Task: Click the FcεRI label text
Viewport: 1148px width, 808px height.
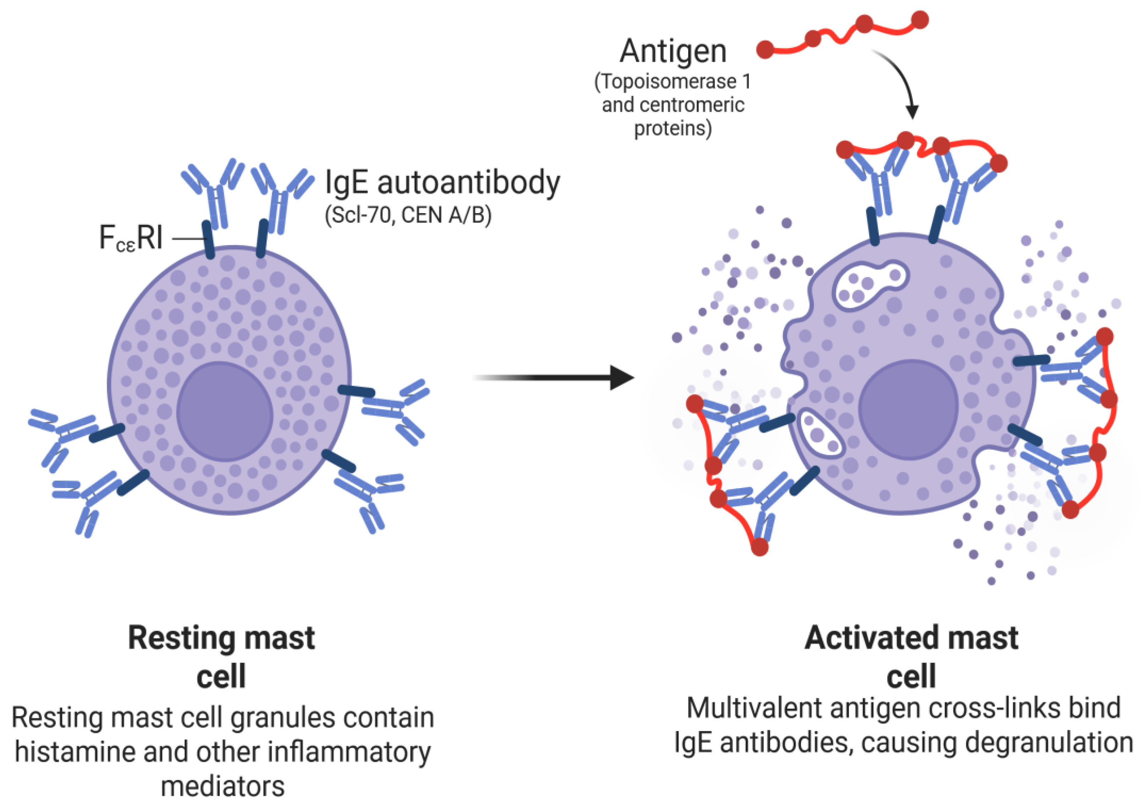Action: tap(131, 238)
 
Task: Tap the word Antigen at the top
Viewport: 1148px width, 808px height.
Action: tap(673, 51)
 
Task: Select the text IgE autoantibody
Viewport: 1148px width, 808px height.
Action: tap(442, 183)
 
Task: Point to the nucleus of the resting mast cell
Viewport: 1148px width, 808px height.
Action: tap(225, 411)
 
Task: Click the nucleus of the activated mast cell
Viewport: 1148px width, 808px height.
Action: tap(909, 410)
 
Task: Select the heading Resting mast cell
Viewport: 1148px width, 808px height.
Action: tap(221, 657)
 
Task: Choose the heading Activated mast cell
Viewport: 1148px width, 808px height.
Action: tap(911, 657)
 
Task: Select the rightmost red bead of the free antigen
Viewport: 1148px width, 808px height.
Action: tap(920, 20)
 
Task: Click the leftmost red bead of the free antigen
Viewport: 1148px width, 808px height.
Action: tap(765, 50)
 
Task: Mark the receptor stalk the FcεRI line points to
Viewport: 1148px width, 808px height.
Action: tap(209, 240)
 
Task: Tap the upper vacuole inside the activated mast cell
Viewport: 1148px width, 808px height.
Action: tap(870, 285)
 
